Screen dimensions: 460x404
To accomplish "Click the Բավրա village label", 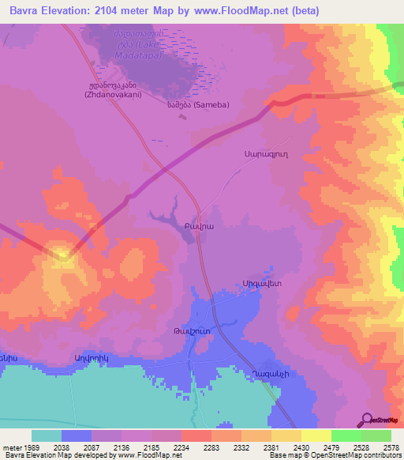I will coord(200,225).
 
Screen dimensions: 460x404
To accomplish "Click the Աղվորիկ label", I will coord(88,358).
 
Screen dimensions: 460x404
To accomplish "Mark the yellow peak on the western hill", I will coord(62,254).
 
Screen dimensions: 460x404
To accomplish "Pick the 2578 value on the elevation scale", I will coord(391,447).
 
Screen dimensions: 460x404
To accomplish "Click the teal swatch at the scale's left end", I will coord(46,435).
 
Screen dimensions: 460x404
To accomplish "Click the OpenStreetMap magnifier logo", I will coord(367,419).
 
